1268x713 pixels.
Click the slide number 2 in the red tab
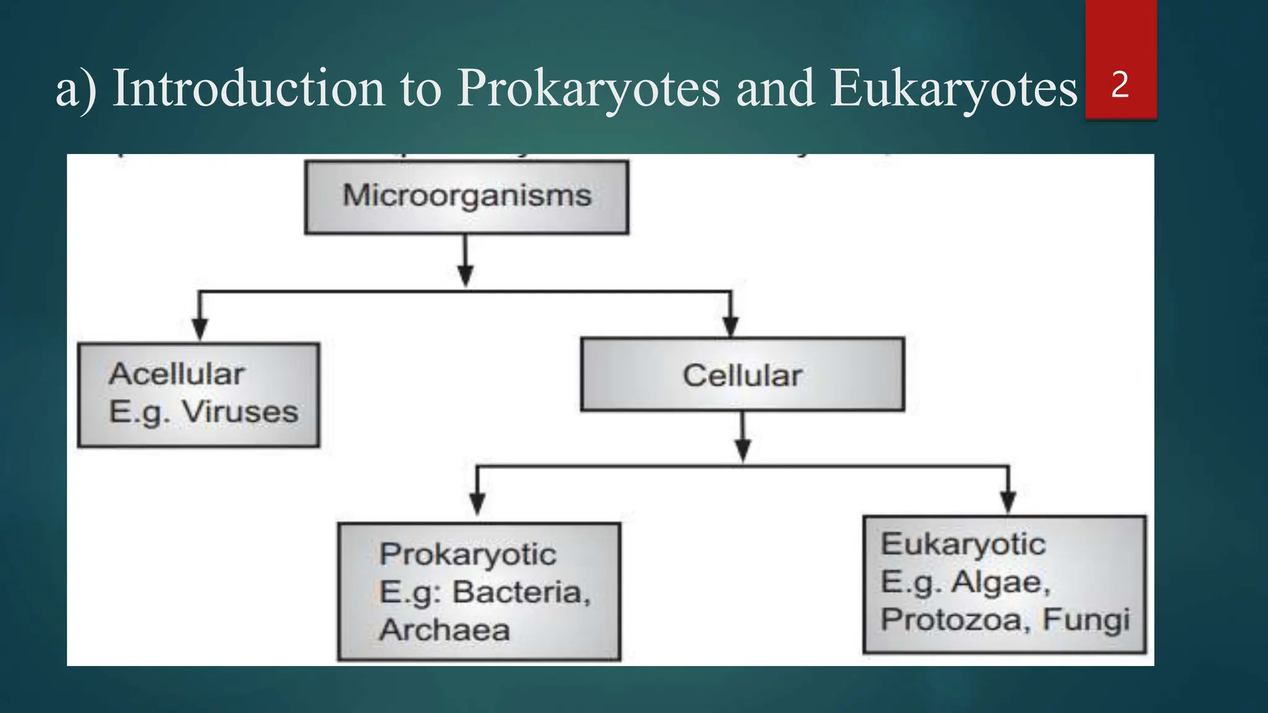click(1119, 85)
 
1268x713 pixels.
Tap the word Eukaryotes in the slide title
click(953, 89)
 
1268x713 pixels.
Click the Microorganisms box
click(467, 197)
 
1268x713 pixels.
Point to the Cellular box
click(742, 375)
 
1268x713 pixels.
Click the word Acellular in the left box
click(177, 374)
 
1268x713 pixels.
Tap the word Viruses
click(240, 412)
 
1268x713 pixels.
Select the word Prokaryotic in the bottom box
click(467, 555)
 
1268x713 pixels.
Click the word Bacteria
click(521, 592)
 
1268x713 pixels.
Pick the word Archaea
click(445, 630)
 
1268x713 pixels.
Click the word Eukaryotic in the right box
click(963, 545)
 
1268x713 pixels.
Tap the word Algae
click(1001, 582)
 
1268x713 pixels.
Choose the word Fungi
click(1086, 620)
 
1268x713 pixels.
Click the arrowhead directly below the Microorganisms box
click(466, 275)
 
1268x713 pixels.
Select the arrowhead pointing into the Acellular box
click(199, 328)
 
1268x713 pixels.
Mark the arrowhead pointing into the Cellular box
click(731, 326)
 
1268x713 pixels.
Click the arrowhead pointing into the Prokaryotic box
click(477, 503)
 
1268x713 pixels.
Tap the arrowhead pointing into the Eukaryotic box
click(1008, 501)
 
